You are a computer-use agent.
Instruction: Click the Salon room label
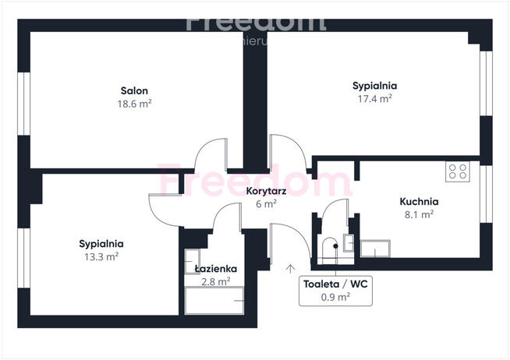(x=134, y=90)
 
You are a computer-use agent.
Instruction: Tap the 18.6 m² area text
(x=134, y=104)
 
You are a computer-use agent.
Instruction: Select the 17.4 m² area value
(x=375, y=99)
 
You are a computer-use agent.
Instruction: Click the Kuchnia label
(x=417, y=200)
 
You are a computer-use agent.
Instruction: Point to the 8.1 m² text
(x=417, y=214)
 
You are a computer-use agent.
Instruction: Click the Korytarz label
(x=266, y=191)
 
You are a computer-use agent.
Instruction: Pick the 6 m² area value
(x=266, y=204)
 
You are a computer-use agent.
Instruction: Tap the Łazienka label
(x=215, y=269)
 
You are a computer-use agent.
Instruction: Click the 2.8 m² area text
(x=215, y=282)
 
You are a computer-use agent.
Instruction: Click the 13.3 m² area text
(x=101, y=256)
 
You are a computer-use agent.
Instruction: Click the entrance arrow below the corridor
(x=291, y=269)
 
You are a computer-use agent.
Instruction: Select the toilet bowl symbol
(x=328, y=248)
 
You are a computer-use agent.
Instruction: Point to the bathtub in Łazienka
(x=214, y=301)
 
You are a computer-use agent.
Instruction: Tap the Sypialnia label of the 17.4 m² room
(x=375, y=86)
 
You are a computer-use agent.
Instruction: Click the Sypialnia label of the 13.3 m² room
(x=101, y=242)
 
